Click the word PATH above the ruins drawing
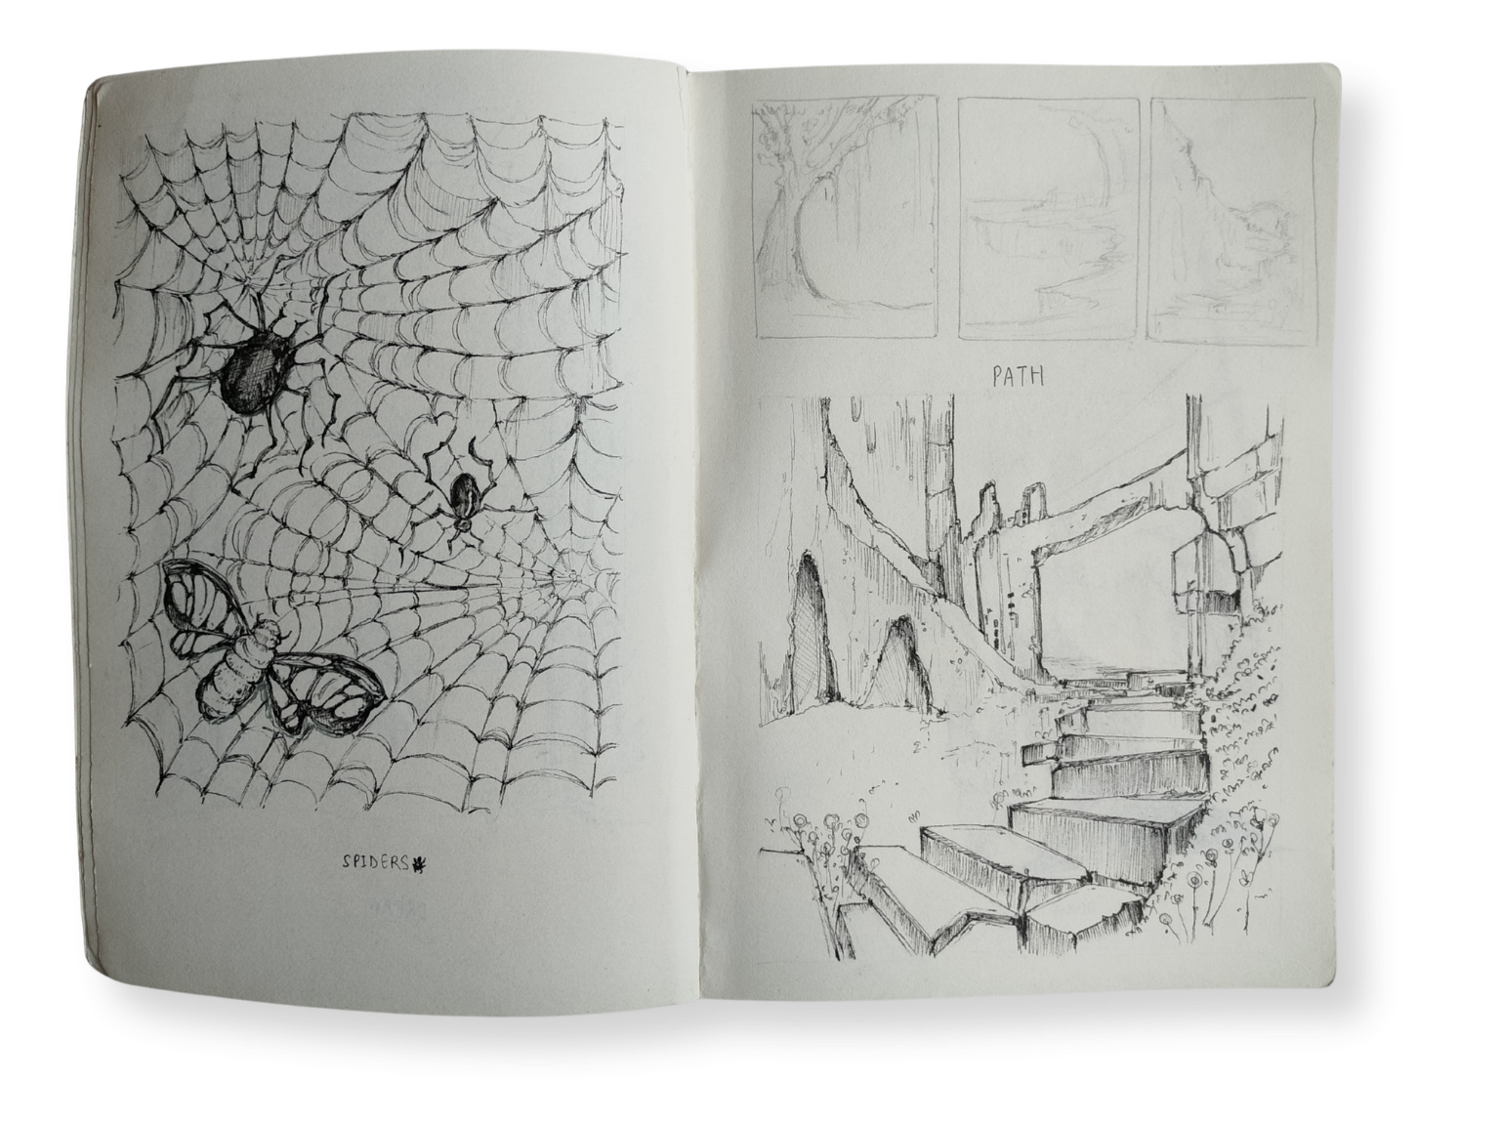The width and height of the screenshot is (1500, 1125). pyautogui.click(x=1017, y=378)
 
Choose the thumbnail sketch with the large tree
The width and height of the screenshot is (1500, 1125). pyautogui.click(x=845, y=218)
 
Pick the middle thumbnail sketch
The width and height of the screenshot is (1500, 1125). pyautogui.click(x=1047, y=218)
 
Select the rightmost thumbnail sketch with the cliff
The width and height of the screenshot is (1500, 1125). pyautogui.click(x=1231, y=218)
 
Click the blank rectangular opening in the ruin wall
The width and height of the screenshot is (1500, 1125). pyautogui.click(x=1110, y=595)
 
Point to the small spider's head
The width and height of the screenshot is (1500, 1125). pyautogui.click(x=464, y=522)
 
